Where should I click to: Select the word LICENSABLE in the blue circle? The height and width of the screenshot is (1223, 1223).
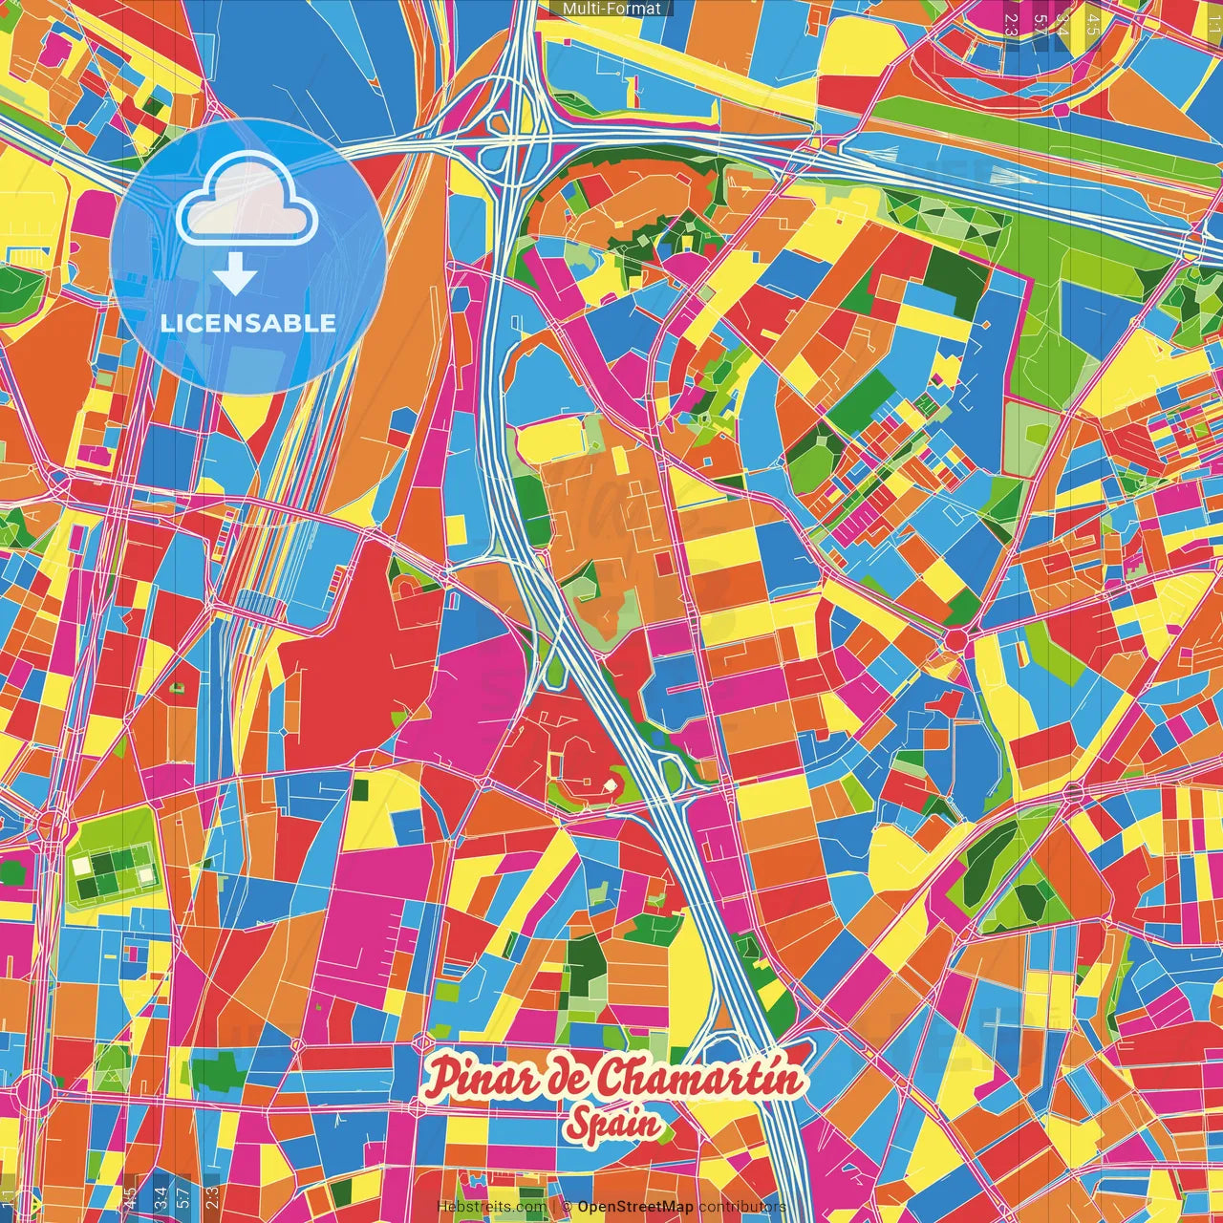click(x=248, y=323)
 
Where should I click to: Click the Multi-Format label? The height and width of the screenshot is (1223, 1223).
click(x=611, y=9)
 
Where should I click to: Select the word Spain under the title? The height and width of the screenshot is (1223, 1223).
click(x=612, y=1124)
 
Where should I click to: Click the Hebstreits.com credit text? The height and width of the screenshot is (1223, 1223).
click(x=490, y=1207)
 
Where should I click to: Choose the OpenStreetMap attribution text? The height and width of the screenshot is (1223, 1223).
click(x=635, y=1207)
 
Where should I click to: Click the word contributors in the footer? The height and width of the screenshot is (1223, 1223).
click(x=741, y=1207)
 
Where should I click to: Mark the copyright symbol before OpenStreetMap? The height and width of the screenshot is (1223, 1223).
click(x=567, y=1207)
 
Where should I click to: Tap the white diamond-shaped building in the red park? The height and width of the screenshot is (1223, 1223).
click(x=609, y=785)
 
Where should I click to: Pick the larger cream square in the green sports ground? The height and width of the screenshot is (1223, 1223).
click(x=82, y=865)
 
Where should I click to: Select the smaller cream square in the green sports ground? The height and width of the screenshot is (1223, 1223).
click(x=145, y=874)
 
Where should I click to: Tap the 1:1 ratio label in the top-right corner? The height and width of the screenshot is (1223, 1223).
click(x=1213, y=21)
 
